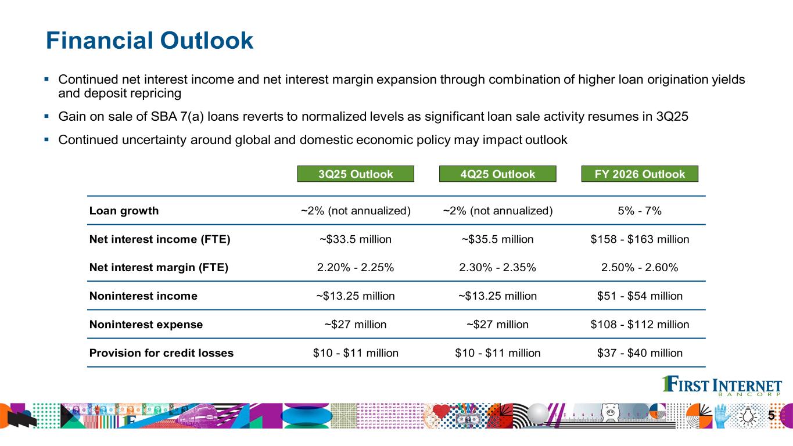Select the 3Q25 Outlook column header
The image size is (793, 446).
356,174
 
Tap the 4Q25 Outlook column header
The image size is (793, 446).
498,174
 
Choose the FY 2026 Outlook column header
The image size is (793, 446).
640,174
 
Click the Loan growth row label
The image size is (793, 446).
124,211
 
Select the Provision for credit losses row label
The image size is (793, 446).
162,353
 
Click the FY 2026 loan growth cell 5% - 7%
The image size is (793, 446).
640,211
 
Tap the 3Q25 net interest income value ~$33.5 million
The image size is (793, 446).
356,239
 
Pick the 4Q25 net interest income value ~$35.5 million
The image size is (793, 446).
498,239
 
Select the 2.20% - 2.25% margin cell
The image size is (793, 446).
356,267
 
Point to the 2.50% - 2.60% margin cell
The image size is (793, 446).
640,267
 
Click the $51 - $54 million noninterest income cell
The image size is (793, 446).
640,296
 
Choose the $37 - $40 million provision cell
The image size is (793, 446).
640,353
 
